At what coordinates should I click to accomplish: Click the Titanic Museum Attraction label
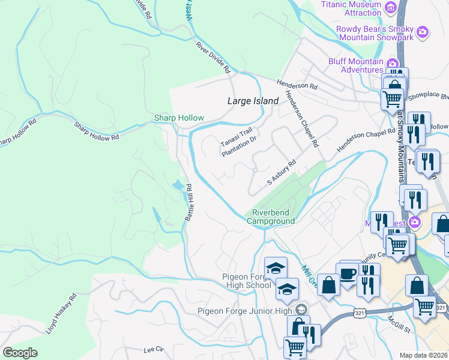[351, 9]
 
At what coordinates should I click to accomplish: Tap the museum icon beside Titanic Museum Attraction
[391, 7]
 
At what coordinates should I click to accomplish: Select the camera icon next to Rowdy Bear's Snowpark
[423, 31]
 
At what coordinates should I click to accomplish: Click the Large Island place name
[253, 101]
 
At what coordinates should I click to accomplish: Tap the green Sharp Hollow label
[179, 118]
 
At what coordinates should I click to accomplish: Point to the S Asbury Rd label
[282, 172]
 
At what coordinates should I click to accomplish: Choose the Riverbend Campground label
[273, 217]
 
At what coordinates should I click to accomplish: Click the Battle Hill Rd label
[188, 202]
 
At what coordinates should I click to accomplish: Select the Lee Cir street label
[153, 349]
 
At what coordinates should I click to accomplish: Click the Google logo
[20, 353]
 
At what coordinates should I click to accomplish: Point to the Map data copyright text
[424, 355]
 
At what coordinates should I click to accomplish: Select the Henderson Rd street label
[297, 86]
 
